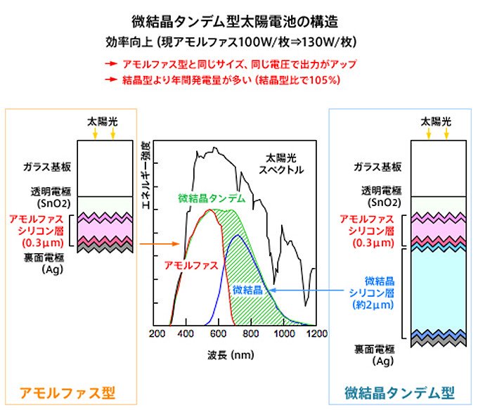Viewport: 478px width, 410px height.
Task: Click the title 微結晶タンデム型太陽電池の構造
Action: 239,20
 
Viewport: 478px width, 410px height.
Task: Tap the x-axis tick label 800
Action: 252,333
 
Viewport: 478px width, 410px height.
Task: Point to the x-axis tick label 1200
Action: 316,333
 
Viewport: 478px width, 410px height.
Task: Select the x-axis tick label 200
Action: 157,333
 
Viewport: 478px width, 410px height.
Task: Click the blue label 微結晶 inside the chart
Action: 247,289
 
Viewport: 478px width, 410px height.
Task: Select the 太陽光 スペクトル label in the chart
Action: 281,164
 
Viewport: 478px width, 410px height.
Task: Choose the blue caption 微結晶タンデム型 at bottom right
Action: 399,392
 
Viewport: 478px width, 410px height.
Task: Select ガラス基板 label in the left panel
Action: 45,169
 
